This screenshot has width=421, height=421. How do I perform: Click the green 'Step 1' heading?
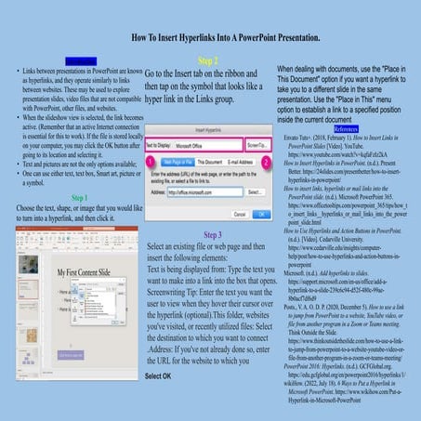(x=79, y=198)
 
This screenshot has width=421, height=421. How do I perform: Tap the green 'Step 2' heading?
(x=209, y=60)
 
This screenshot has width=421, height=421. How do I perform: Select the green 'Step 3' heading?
(x=211, y=235)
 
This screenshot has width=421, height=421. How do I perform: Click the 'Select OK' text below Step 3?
(x=158, y=376)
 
